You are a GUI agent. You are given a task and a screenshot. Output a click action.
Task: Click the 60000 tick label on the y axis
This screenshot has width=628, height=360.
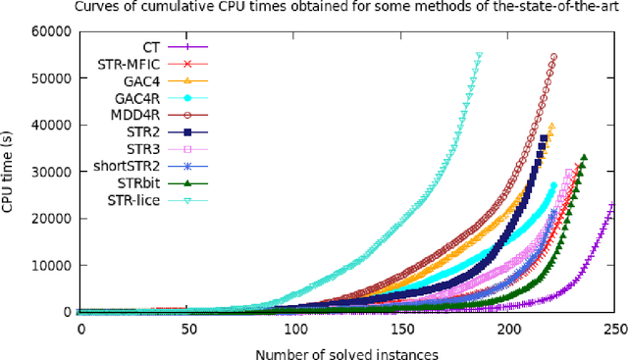click(x=51, y=31)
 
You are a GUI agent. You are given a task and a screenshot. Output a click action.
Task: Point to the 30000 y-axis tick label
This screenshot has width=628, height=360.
click(x=51, y=172)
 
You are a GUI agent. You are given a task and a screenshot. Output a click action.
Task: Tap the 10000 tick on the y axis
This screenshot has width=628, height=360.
click(x=51, y=265)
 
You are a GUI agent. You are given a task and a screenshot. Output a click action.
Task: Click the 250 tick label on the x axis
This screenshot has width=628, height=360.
click(x=615, y=326)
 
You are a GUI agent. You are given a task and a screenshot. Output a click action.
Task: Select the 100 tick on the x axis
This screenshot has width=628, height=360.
click(x=294, y=326)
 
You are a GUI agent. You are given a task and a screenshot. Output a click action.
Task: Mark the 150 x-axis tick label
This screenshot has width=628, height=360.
click(x=401, y=326)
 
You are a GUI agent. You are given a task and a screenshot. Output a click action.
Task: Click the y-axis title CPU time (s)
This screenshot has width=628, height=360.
click(x=11, y=172)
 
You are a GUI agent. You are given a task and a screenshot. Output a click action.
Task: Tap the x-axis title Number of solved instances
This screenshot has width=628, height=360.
click(x=347, y=349)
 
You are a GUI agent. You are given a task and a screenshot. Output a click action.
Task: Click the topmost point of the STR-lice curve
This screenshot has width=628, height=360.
click(x=479, y=56)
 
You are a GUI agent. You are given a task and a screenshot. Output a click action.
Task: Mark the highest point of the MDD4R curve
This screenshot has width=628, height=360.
click(x=553, y=57)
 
